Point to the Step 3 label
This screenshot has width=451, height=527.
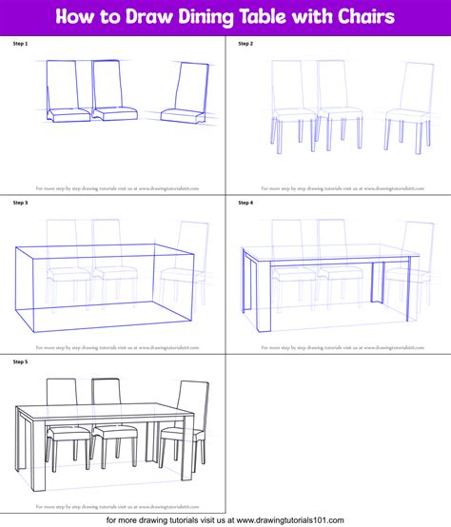tap(20, 203)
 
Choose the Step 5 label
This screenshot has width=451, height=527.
tap(20, 361)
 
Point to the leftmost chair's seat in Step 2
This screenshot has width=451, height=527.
tap(287, 121)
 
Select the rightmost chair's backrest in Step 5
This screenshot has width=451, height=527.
tap(194, 400)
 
